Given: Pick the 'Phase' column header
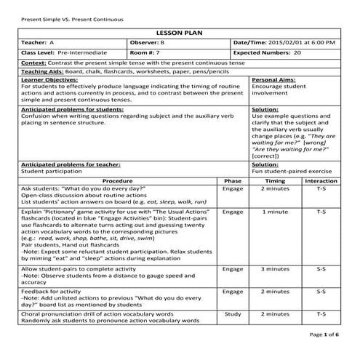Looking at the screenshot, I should [x=233, y=180].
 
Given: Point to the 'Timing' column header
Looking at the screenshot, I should [x=275, y=180].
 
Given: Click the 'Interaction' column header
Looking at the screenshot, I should [x=321, y=180].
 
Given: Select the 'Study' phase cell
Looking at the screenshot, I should [x=233, y=314].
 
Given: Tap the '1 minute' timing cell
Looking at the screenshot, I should [x=275, y=212].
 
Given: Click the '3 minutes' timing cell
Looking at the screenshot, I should [x=275, y=268].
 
